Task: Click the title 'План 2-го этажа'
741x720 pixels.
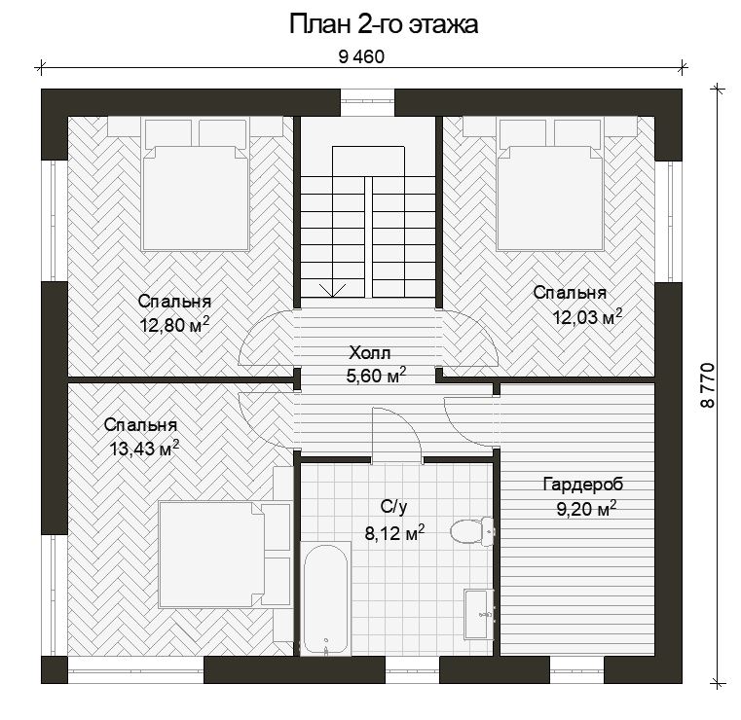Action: tap(384, 24)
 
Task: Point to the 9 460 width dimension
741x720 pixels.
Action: tap(361, 57)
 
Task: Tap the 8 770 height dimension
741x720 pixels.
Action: tap(708, 385)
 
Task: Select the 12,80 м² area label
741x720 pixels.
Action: tap(174, 325)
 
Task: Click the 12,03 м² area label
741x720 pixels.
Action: tap(587, 317)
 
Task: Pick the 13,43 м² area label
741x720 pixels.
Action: tap(144, 448)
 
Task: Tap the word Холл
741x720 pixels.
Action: tap(370, 352)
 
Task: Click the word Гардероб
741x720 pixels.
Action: tap(583, 484)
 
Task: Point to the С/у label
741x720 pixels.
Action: tap(393, 507)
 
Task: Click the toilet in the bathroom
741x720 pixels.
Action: tap(471, 532)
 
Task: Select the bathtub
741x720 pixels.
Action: tap(325, 598)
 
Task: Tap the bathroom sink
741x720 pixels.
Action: tap(479, 615)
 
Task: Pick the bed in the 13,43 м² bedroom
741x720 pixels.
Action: tap(225, 555)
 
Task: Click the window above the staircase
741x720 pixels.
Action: tap(368, 101)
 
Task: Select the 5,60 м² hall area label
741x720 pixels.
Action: tap(376, 376)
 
